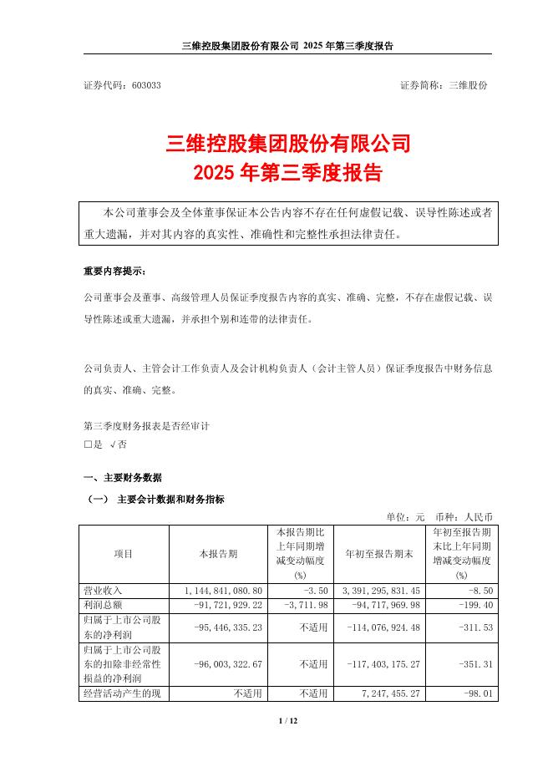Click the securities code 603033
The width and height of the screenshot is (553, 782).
coord(147,86)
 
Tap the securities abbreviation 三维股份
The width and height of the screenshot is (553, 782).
coord(469,86)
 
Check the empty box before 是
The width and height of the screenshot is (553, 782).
coord(88,445)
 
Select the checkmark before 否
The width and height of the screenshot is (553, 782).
coord(112,445)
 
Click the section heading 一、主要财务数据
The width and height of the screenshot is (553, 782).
coord(123,478)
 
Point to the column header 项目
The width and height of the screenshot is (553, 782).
coord(123,553)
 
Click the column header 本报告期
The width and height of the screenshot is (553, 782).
coord(218,553)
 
